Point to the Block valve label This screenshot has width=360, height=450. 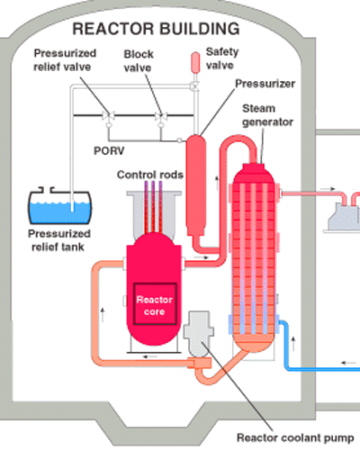pyautogui.click(x=140, y=60)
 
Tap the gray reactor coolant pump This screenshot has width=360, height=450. pyautogui.click(x=198, y=337)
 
